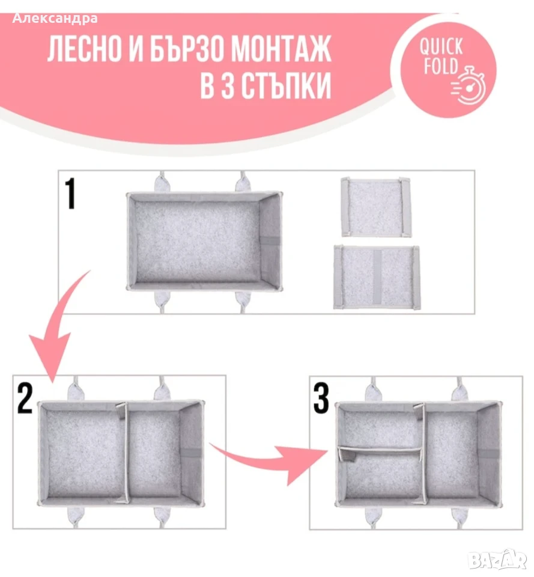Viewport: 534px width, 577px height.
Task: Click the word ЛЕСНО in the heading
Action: (85, 48)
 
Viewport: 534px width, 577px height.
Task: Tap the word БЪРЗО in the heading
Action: (187, 48)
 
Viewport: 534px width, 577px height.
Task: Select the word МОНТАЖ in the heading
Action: (281, 48)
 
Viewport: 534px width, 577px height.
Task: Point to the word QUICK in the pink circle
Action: (441, 47)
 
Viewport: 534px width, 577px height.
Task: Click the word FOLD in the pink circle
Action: (441, 66)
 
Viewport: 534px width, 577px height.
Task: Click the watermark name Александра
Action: (55, 19)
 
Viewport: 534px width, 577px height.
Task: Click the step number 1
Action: (70, 194)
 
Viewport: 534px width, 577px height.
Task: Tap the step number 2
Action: (25, 398)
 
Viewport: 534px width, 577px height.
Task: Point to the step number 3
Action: (321, 398)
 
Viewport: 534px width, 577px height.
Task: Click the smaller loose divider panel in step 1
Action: (375, 207)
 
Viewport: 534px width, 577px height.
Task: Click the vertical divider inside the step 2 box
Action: (124, 453)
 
